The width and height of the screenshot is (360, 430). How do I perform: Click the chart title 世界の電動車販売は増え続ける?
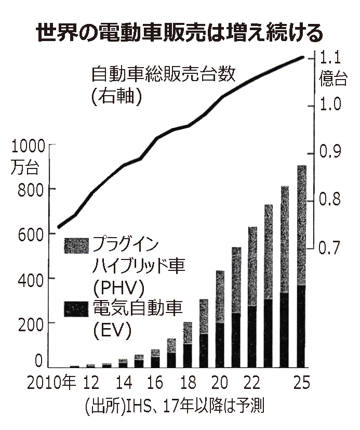point(180,33)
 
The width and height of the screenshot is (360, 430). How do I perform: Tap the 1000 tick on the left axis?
point(26,145)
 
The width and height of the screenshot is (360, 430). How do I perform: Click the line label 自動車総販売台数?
point(163,74)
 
